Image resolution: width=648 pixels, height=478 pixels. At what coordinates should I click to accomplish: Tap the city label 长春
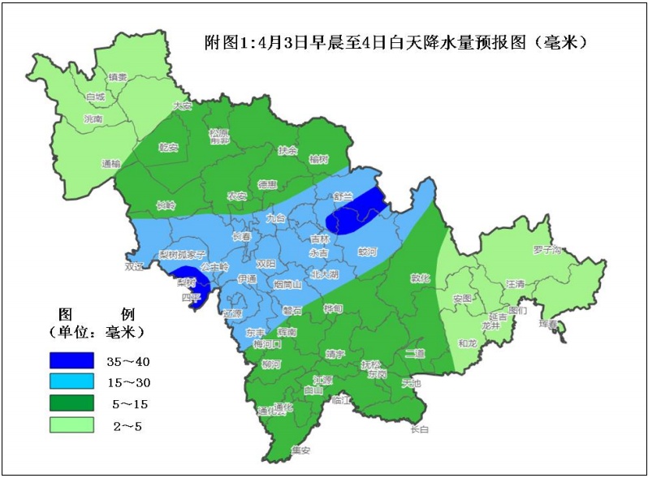click(241, 237)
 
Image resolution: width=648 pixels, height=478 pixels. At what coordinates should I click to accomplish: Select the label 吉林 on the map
click(320, 239)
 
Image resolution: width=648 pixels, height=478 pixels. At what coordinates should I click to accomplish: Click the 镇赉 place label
click(118, 78)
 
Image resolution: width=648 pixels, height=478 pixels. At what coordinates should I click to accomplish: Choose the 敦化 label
click(419, 278)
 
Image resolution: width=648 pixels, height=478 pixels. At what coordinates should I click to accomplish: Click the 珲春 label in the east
click(548, 324)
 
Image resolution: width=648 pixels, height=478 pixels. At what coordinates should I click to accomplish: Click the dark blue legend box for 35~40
click(71, 360)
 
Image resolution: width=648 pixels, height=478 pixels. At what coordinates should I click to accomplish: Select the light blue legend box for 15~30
click(71, 381)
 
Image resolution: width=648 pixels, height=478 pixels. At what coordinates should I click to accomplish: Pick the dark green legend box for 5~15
click(71, 403)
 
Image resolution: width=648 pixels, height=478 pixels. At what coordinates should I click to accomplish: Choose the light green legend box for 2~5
click(71, 424)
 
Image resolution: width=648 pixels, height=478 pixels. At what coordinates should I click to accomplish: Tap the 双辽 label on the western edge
click(133, 265)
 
